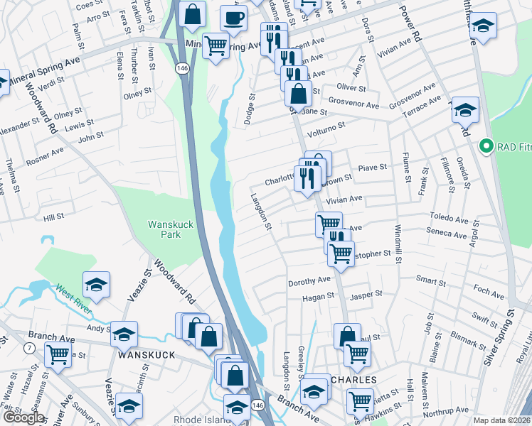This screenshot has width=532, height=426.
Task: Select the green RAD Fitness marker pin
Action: pos(487,147)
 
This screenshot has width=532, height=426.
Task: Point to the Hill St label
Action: pos(54,216)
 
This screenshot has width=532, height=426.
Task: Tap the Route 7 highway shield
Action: pos(28,347)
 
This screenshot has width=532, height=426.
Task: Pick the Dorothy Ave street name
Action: pos(309,282)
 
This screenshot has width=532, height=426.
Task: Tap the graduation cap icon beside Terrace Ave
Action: pos(465,110)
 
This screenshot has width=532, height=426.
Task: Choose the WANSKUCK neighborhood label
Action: pos(147,354)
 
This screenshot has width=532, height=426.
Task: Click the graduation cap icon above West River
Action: pos(96,285)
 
